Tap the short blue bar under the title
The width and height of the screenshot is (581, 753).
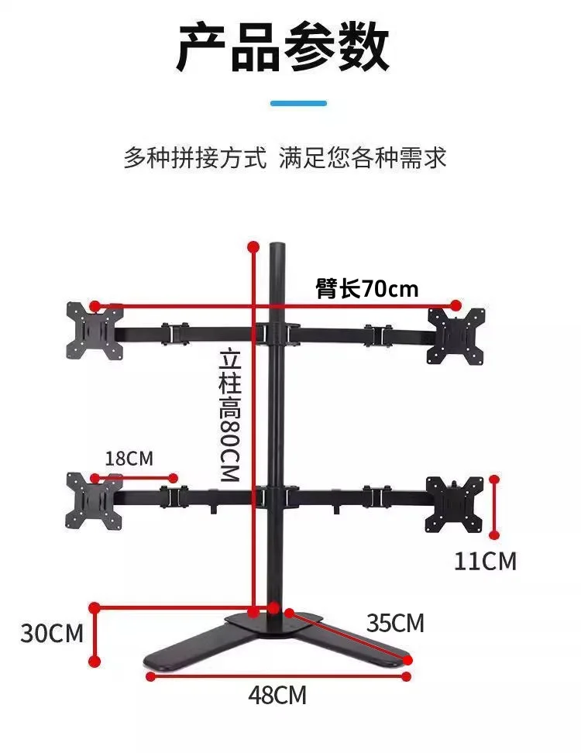(298, 103)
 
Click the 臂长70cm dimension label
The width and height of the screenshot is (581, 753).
(367, 289)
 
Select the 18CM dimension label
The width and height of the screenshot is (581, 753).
(129, 459)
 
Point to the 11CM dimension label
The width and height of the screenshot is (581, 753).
(485, 561)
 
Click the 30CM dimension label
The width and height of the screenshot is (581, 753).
(52, 633)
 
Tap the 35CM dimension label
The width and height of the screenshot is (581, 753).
(395, 624)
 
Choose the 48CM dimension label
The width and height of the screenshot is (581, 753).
(277, 695)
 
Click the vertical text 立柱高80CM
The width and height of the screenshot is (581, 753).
(229, 416)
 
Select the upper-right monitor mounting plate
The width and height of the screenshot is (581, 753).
(456, 336)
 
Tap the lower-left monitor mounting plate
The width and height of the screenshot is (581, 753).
(94, 501)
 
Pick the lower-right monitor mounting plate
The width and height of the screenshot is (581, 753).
(454, 505)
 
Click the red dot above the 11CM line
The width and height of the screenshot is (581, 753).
(494, 480)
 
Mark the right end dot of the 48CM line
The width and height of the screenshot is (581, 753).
(407, 676)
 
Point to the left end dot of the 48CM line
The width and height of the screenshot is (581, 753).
(151, 676)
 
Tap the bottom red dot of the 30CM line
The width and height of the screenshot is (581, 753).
(95, 662)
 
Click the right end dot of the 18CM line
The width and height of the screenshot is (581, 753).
(174, 478)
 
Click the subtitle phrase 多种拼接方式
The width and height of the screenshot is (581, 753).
(195, 157)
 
